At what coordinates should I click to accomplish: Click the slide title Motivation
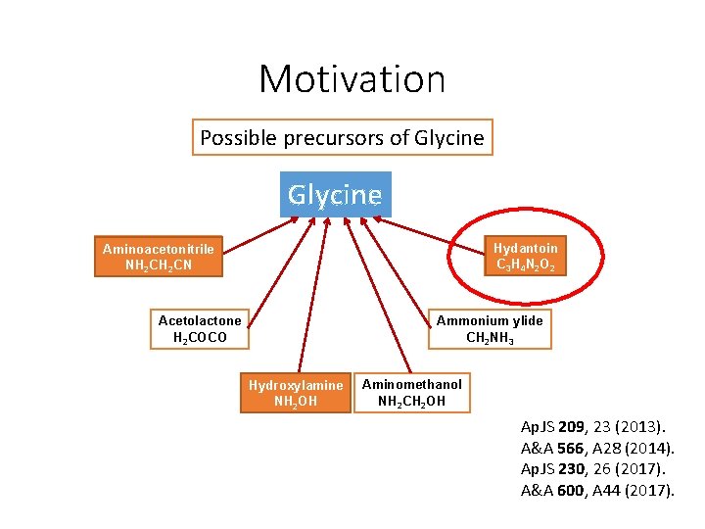352,78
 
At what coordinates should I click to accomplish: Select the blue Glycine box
335,194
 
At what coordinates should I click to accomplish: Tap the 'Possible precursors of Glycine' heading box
342,138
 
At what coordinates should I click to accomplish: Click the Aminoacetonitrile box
158,257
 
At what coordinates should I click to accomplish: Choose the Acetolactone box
200,329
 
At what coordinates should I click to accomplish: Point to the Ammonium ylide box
490,329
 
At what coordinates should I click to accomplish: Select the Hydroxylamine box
296,393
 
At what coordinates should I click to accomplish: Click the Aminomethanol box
411,393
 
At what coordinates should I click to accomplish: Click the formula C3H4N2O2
525,264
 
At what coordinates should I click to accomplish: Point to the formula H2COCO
200,338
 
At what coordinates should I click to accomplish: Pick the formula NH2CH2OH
411,401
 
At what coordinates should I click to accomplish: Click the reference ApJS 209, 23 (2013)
592,426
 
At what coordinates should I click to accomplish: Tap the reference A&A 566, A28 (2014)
596,448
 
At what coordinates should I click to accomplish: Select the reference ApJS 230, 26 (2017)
592,468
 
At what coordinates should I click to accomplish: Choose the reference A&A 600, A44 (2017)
597,490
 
